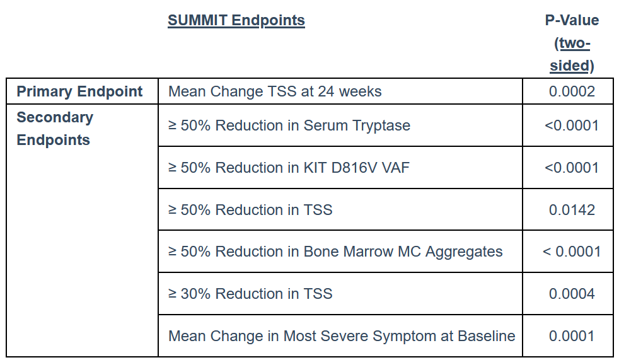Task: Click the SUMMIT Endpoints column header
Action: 236,21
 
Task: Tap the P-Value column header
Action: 572,43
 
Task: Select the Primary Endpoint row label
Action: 79,91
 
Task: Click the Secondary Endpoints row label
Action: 55,128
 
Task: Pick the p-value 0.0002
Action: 572,91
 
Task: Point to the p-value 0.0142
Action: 572,209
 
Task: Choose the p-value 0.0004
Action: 572,294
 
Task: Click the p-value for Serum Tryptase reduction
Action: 572,125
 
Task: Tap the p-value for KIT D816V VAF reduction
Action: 572,168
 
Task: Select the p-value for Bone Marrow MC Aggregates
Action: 572,252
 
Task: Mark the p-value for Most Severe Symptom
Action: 572,336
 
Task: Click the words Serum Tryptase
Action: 357,126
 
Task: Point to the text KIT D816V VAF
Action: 357,168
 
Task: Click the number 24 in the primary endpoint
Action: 326,91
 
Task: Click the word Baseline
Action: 487,336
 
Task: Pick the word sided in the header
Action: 569,66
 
